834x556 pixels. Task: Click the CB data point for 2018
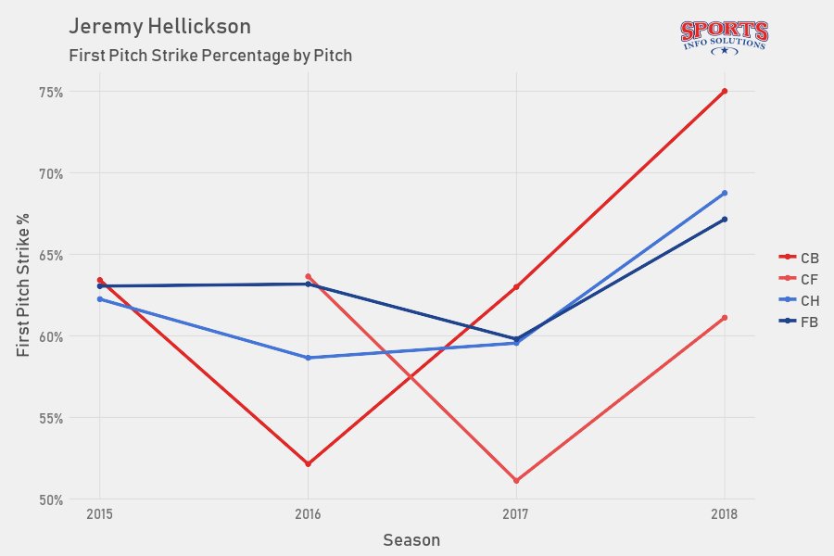point(725,91)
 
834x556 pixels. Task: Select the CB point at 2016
point(308,463)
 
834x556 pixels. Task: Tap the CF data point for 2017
point(516,481)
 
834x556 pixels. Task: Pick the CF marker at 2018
point(725,318)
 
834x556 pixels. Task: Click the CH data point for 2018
point(725,193)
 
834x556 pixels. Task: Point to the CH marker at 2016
point(308,358)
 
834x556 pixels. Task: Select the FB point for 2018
point(725,220)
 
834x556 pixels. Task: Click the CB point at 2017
point(516,286)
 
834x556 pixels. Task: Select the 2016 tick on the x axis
point(308,513)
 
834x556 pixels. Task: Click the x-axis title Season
point(411,539)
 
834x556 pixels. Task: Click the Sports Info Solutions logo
point(724,36)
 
